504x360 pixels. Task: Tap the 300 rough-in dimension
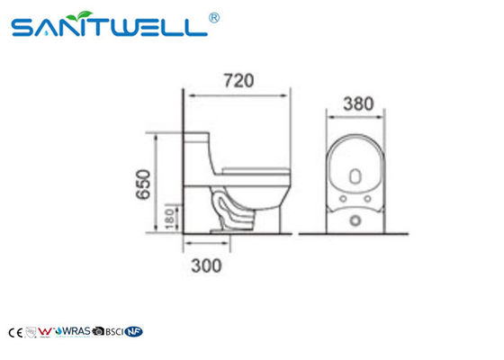[206, 265]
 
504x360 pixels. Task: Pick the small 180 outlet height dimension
[168, 216]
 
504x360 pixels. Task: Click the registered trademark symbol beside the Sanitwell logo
[214, 16]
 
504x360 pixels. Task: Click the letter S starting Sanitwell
[25, 30]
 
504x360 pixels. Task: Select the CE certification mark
[13, 332]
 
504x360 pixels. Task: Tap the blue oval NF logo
[135, 332]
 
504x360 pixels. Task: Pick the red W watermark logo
[49, 332]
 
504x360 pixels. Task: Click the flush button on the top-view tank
[355, 218]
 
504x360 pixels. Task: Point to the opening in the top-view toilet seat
[355, 166]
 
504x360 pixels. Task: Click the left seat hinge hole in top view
[343, 194]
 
